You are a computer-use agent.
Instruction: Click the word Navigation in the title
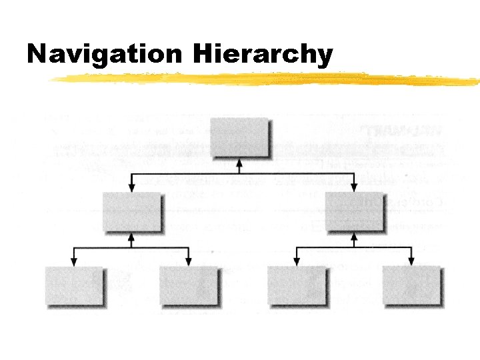[103, 54]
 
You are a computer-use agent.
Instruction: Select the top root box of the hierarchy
[240, 137]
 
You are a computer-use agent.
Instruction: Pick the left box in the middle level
[131, 211]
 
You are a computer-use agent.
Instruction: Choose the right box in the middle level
[354, 211]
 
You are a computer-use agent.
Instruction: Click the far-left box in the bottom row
[74, 285]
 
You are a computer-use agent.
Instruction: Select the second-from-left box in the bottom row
[189, 285]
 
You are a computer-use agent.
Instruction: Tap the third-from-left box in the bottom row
[297, 285]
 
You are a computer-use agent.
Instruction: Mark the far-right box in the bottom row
[411, 285]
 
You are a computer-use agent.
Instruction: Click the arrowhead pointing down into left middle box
[131, 187]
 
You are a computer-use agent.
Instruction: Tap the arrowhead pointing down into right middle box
[354, 187]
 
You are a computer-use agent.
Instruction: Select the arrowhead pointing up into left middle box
[131, 235]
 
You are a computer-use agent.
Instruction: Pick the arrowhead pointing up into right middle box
[354, 235]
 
